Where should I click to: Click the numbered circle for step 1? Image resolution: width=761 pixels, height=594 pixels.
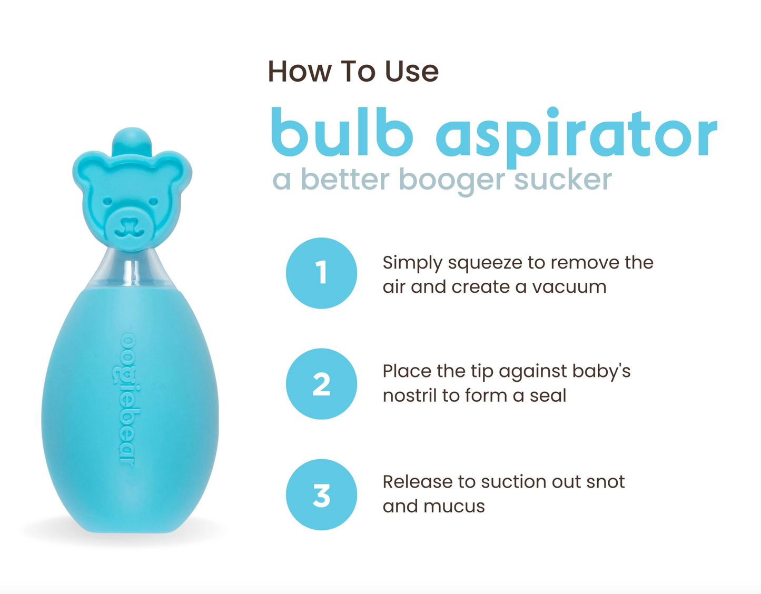coord(321,273)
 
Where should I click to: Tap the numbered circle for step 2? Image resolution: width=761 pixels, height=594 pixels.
coord(321,383)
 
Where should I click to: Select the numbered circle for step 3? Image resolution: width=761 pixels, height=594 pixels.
coord(321,494)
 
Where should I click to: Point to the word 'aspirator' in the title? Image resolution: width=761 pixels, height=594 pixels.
coord(576,136)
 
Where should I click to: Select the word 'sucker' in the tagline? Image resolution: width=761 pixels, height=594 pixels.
coord(562,180)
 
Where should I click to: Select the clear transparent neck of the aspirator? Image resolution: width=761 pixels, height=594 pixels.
coord(132,270)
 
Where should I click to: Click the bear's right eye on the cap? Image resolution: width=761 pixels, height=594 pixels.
coord(153,202)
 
